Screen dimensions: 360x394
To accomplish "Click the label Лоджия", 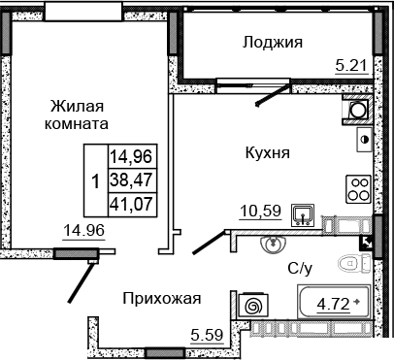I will (273, 42).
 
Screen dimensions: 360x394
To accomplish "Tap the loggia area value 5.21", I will (351, 66).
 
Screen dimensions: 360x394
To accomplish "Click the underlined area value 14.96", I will (85, 232).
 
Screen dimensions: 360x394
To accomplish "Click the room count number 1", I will (94, 180).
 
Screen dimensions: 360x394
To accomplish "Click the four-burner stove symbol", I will (359, 186).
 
